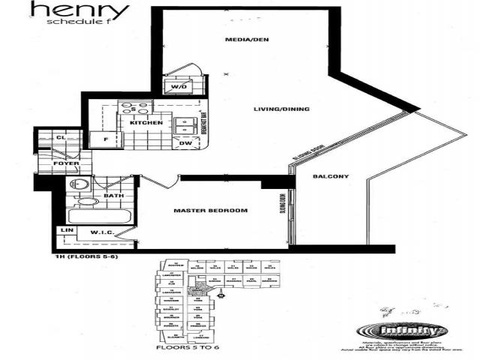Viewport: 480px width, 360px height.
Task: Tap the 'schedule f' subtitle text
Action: click(x=77, y=22)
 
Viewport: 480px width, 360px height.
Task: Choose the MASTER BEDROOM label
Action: click(x=210, y=210)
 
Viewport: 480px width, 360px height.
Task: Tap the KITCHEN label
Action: click(x=146, y=122)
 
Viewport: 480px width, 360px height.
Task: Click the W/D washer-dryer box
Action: click(x=179, y=87)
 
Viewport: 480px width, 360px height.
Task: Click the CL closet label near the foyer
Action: click(x=61, y=138)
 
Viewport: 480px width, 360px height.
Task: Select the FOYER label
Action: click(x=51, y=162)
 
